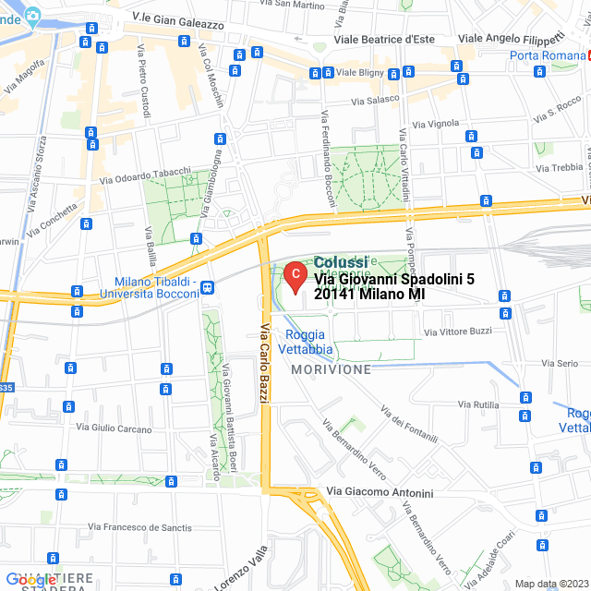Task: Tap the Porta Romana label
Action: point(549,56)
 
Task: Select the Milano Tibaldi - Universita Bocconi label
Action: point(157,288)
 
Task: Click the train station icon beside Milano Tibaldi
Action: point(208,287)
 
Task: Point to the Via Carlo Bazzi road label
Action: point(265,363)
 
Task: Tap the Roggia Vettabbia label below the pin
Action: point(308,343)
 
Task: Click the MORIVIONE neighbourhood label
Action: point(331,369)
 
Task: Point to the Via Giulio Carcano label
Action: point(115,428)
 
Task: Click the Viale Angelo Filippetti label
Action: point(512,39)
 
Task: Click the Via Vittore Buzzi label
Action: point(458,331)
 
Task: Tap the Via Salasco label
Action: point(373,99)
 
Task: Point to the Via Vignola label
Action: point(436,123)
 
